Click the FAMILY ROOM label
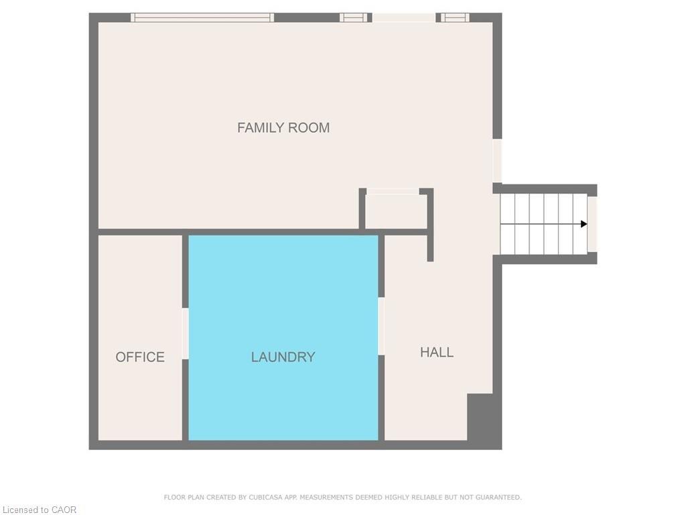(x=283, y=127)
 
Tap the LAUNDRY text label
(x=283, y=357)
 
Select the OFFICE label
(x=140, y=357)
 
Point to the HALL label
(x=437, y=352)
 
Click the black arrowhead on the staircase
(x=584, y=224)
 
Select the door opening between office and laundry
(x=185, y=333)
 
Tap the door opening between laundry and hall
(x=381, y=326)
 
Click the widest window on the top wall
(x=202, y=17)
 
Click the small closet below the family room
(x=396, y=212)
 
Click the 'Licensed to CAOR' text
(x=39, y=510)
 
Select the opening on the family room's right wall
(x=497, y=161)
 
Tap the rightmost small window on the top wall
(x=454, y=17)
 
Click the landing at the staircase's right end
(x=592, y=224)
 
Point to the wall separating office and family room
(x=140, y=232)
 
